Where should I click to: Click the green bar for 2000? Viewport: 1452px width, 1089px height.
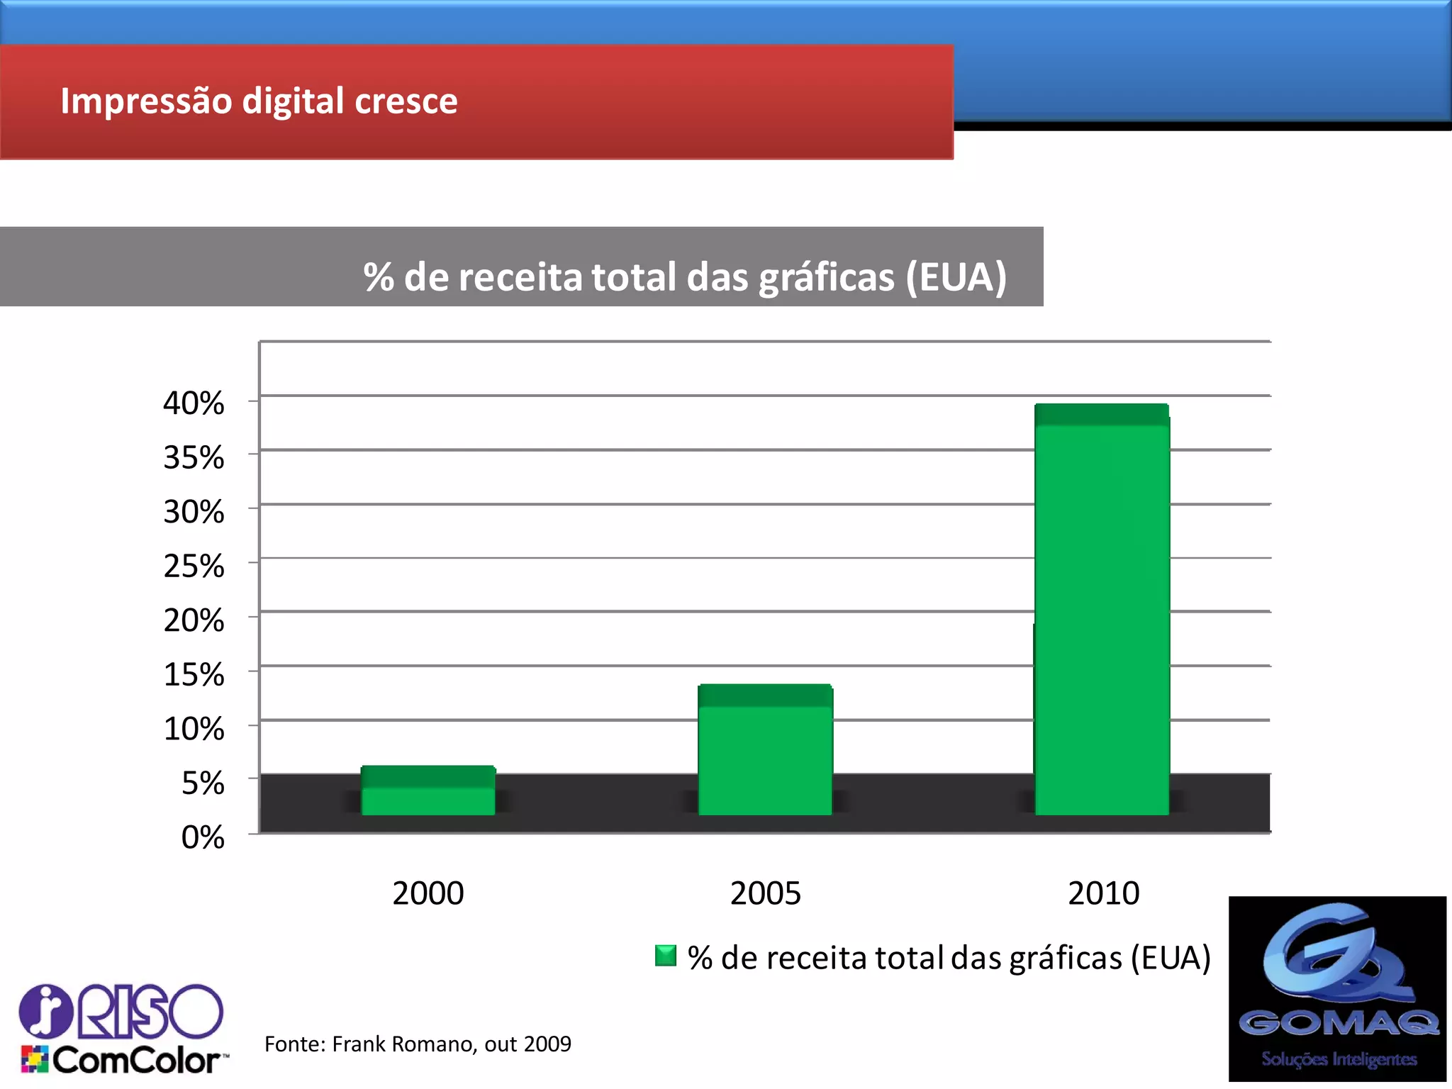click(x=428, y=791)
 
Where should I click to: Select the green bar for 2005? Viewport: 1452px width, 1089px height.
click(x=765, y=752)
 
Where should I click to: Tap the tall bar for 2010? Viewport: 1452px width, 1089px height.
click(x=1102, y=610)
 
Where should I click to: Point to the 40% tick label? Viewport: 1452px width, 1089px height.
click(x=194, y=403)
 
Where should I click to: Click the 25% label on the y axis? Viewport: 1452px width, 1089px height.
click(x=194, y=566)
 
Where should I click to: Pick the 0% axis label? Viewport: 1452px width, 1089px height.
click(x=203, y=837)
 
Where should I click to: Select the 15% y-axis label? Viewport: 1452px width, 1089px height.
click(x=194, y=675)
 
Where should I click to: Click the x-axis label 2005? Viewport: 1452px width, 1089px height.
click(x=765, y=893)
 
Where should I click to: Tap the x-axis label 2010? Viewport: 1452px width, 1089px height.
click(x=1103, y=893)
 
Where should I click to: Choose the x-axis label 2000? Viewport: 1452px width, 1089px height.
click(x=428, y=893)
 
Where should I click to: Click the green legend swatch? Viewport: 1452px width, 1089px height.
click(x=666, y=956)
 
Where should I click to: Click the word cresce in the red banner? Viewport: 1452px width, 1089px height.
click(x=406, y=101)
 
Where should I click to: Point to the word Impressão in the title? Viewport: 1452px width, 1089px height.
click(x=146, y=101)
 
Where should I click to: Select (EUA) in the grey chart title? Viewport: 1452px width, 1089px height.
click(x=956, y=277)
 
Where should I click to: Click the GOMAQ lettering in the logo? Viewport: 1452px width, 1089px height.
click(x=1338, y=1023)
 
